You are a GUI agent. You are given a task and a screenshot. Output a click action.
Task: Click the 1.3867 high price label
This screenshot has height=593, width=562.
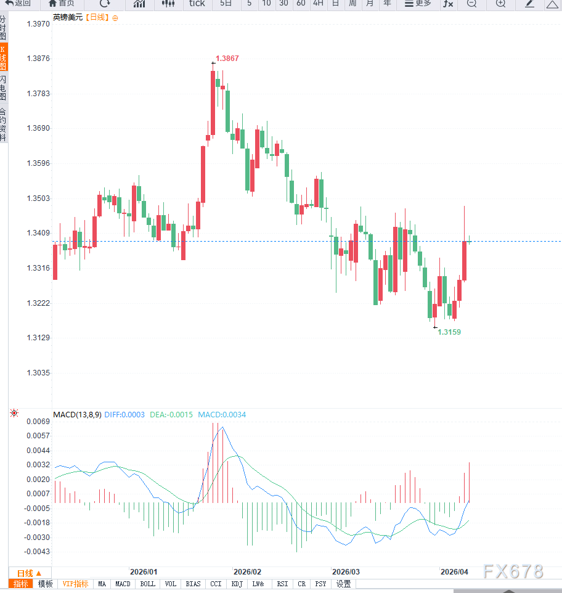227,59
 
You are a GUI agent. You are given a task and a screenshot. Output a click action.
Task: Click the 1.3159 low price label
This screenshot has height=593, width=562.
449,332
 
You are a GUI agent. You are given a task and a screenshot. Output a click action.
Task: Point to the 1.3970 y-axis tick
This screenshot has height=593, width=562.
38,24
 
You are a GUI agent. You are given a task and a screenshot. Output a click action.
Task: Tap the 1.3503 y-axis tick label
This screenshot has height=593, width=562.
38,198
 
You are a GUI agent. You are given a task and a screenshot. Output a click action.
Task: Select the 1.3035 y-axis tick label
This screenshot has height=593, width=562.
38,373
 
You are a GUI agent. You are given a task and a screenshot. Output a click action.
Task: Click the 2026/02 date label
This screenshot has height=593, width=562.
248,572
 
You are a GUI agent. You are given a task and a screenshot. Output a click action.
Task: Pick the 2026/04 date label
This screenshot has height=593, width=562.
454,572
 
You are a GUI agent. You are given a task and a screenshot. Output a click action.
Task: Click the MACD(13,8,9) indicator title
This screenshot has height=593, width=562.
77,415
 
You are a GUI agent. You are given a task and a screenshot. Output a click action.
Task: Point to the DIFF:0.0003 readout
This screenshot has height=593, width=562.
124,415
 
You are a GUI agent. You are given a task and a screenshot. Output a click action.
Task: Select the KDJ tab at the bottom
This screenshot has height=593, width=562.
237,584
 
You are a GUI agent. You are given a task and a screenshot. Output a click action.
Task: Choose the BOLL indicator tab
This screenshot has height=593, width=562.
147,584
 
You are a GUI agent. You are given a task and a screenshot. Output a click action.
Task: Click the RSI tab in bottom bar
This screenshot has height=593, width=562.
282,584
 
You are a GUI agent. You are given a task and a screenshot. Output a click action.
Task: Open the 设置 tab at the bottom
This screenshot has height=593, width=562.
343,584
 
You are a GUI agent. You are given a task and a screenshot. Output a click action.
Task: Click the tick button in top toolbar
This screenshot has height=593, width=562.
197,4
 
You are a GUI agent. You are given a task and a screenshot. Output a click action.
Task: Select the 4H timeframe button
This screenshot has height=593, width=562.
318,4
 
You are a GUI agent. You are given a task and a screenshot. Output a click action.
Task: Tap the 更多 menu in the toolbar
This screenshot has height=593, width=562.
418,4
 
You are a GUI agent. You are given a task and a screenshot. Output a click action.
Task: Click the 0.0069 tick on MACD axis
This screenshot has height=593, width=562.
38,422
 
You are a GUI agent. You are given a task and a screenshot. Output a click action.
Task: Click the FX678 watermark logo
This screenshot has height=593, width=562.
513,572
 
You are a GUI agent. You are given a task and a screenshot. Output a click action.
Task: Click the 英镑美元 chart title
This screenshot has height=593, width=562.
67,18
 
